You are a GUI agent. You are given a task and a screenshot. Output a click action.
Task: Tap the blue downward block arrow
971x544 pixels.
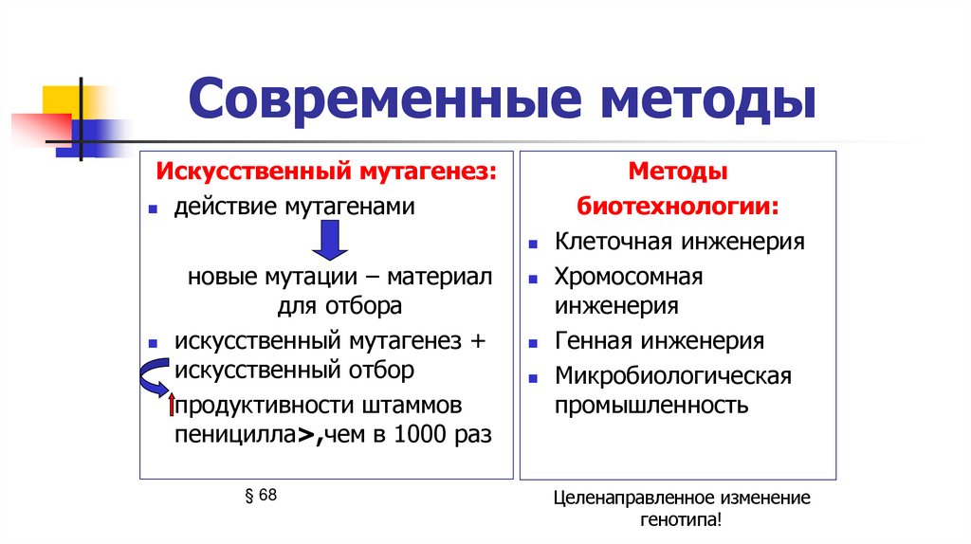330,241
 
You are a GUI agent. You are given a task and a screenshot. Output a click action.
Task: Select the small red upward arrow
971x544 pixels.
171,405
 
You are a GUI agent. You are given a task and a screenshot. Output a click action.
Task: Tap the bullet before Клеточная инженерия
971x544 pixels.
534,243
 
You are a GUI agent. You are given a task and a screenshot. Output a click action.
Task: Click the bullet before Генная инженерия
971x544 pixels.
534,342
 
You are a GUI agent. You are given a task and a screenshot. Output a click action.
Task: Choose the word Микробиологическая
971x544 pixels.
672,376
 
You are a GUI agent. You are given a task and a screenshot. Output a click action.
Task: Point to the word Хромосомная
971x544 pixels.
629,277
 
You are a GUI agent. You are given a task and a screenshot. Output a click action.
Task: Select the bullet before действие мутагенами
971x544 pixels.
153,208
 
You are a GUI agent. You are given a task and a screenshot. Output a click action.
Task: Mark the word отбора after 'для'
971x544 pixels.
366,306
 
